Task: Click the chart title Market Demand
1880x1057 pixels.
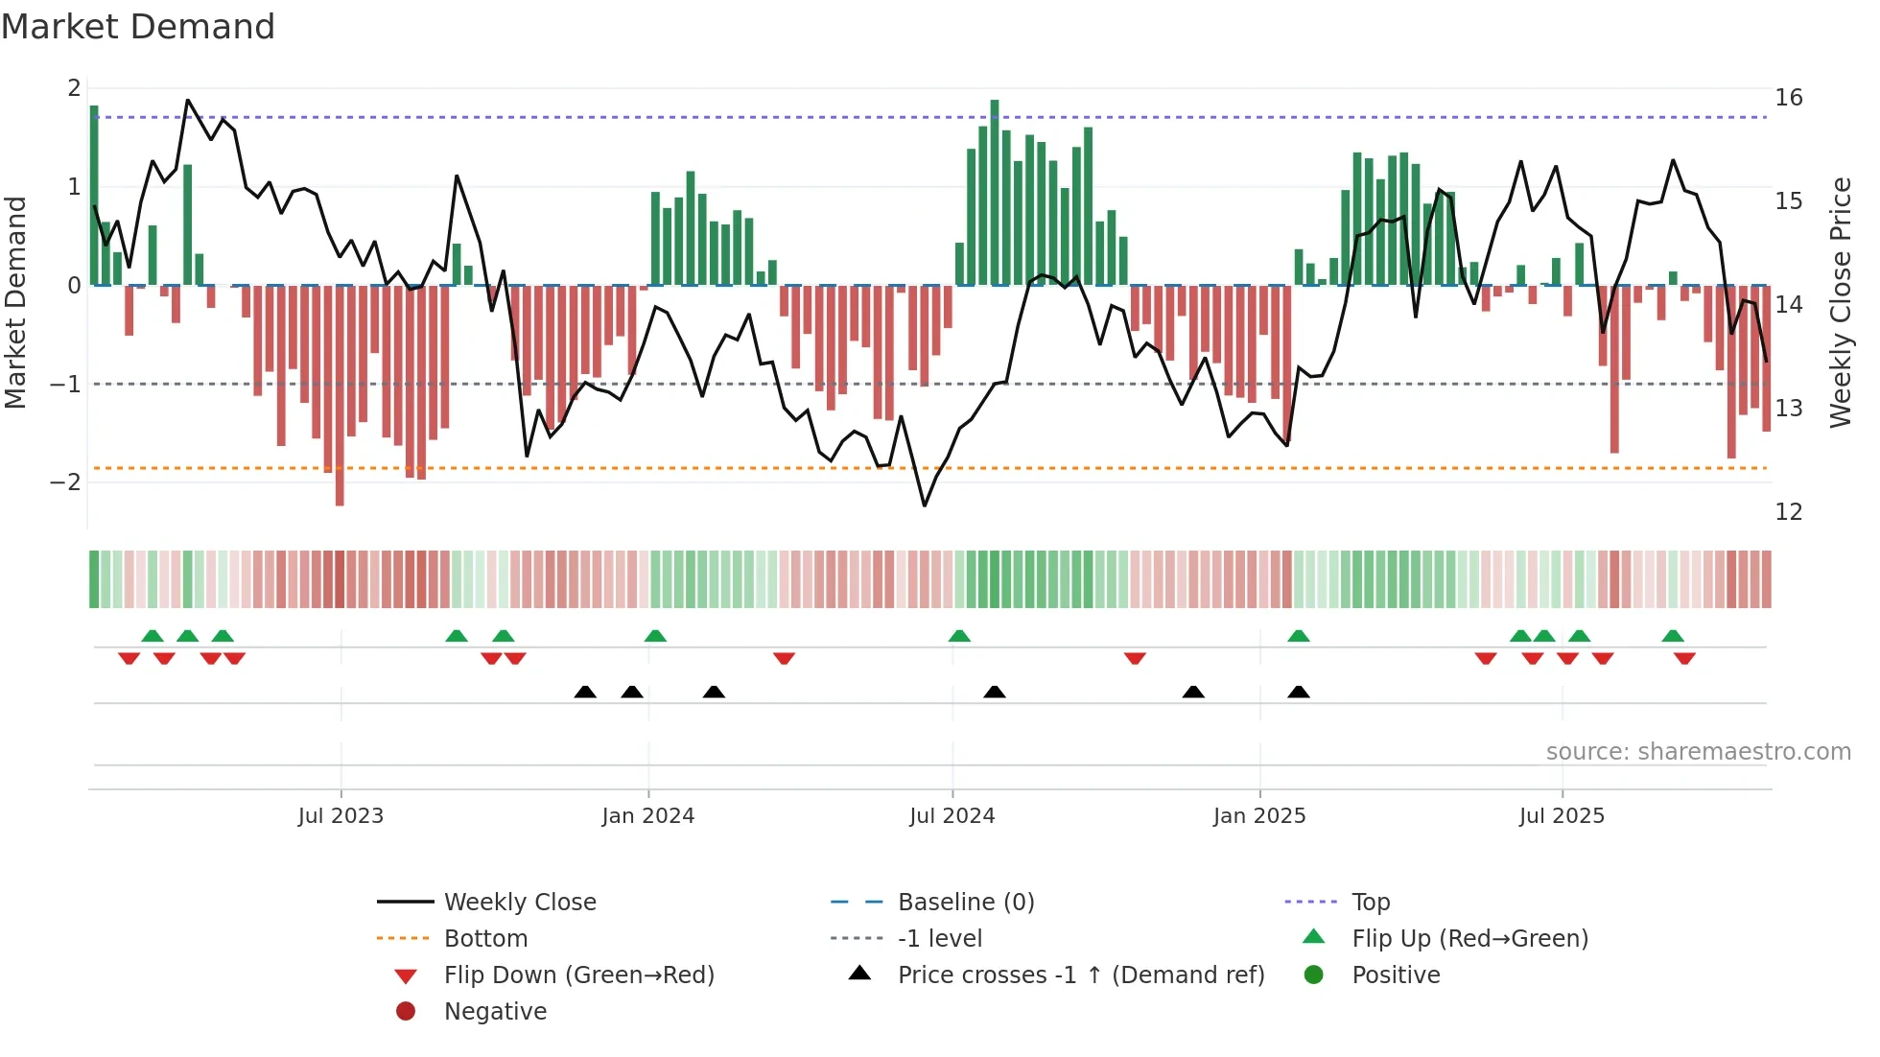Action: point(138,27)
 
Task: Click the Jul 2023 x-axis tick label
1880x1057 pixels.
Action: point(341,816)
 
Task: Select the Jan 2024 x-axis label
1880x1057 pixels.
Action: point(647,816)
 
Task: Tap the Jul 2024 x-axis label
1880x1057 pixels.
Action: point(952,816)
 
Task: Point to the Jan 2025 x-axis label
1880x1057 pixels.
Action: point(1258,816)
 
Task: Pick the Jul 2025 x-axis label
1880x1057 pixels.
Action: point(1562,816)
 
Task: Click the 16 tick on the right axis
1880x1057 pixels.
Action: point(1788,98)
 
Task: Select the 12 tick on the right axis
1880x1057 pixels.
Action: point(1788,512)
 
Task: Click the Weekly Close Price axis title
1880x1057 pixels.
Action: point(1840,302)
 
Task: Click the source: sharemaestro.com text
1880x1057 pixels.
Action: point(1698,752)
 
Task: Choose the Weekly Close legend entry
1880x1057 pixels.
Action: point(519,903)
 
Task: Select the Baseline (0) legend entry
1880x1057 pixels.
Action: point(965,903)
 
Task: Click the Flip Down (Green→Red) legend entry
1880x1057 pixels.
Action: point(578,975)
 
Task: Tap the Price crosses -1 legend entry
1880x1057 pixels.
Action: point(1080,975)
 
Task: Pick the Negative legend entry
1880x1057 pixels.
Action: point(495,1012)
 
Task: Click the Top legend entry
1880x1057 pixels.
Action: point(1370,903)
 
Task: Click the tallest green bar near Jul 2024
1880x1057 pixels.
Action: point(995,192)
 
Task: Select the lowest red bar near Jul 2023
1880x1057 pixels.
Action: point(340,395)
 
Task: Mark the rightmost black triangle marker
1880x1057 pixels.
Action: point(1298,693)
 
